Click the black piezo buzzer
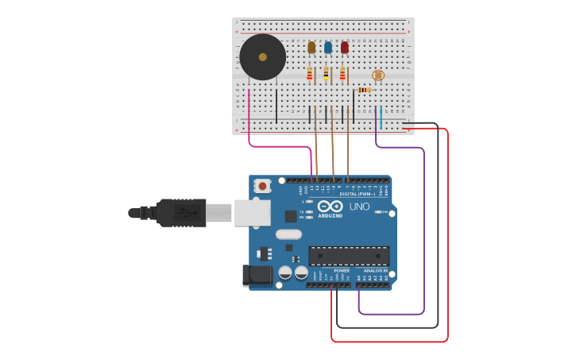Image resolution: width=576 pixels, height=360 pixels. [x=263, y=57]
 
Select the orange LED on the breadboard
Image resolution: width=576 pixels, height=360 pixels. [x=311, y=48]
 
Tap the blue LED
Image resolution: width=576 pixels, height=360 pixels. [x=328, y=48]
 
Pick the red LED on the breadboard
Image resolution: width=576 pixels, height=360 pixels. [x=345, y=48]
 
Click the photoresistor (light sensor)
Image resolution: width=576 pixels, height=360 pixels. [x=377, y=75]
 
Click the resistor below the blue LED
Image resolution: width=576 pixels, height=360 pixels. [x=326, y=75]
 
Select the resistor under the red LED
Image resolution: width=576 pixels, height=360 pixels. [x=343, y=75]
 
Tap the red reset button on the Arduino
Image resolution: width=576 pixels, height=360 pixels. [x=261, y=186]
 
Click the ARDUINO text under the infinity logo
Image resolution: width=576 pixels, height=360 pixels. [x=330, y=215]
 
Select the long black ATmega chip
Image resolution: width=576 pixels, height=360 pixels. [x=349, y=256]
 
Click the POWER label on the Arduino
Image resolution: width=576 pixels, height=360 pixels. [x=342, y=270]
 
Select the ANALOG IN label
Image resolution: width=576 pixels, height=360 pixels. [x=375, y=270]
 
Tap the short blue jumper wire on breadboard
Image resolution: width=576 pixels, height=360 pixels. [x=381, y=117]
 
